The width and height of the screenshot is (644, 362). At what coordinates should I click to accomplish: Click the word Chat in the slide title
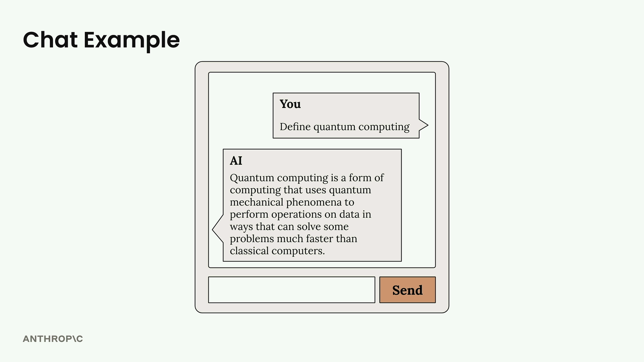pos(50,40)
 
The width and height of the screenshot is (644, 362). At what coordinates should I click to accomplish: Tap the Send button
pos(408,290)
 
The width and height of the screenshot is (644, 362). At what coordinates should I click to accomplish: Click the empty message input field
pos(291,290)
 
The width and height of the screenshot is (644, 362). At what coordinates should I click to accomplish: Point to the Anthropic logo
pos(53,339)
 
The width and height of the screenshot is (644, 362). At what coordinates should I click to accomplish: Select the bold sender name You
pos(290,104)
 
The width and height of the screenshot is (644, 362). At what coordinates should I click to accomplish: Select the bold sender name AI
pos(236,161)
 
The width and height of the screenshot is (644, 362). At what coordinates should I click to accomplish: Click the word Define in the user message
pos(295,127)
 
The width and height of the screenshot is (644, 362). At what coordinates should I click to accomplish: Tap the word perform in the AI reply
pos(249,215)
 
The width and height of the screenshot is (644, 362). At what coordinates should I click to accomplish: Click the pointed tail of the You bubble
pos(428,125)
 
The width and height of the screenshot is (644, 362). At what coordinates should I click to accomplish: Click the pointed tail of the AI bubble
pos(213,229)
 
